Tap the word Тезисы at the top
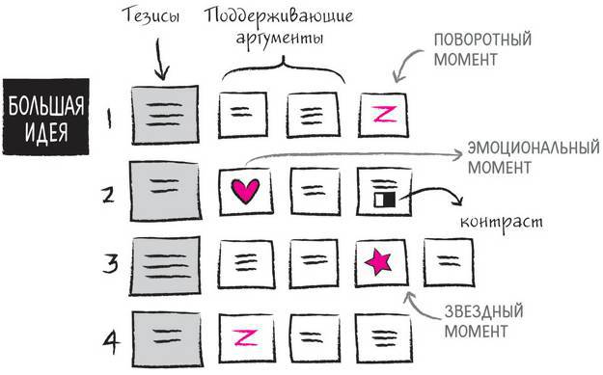(151, 17)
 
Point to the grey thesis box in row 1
(162, 114)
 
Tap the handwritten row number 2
(108, 192)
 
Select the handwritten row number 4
(110, 339)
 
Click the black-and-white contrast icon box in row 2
(380, 189)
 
